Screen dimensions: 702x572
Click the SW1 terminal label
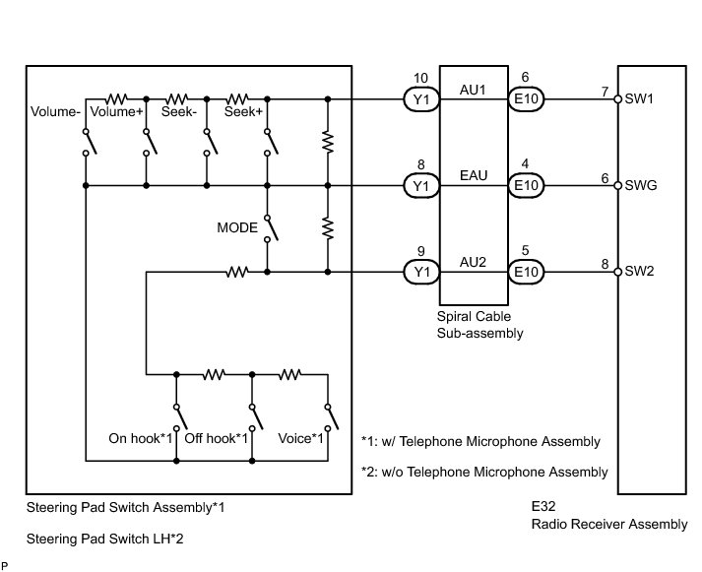point(639,98)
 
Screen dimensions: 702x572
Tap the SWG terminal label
point(641,185)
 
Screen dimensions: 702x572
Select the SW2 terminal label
point(639,271)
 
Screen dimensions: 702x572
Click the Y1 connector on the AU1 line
point(421,98)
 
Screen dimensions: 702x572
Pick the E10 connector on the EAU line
point(526,185)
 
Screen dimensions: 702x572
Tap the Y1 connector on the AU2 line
point(421,272)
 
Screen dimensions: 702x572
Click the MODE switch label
point(237,227)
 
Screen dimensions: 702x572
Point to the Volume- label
point(55,111)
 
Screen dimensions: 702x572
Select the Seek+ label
point(243,111)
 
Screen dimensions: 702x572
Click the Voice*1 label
point(300,438)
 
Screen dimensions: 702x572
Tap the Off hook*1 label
point(216,438)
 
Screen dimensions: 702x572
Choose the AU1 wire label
point(473,90)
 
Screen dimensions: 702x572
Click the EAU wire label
point(474,175)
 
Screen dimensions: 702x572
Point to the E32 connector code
point(543,506)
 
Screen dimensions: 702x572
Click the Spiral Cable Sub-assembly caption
point(479,325)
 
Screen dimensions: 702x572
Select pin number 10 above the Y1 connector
point(420,79)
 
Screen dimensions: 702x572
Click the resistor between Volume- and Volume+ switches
point(116,98)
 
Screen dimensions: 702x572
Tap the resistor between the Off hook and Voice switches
point(289,374)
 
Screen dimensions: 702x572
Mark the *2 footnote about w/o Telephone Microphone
point(484,472)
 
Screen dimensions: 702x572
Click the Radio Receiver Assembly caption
point(609,524)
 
